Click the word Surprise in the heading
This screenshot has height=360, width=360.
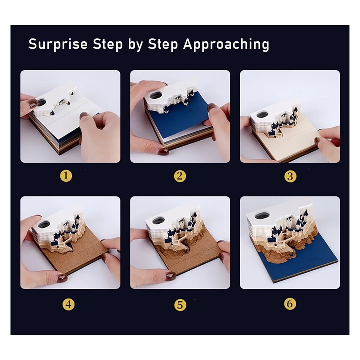click(x=58, y=44)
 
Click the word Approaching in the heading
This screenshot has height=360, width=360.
click(x=226, y=45)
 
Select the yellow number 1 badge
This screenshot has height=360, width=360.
click(x=66, y=176)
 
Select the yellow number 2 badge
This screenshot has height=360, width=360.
click(x=180, y=176)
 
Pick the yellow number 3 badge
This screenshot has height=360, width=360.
click(x=290, y=176)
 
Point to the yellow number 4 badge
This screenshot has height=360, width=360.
click(x=68, y=304)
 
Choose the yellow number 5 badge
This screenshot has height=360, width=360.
click(x=180, y=304)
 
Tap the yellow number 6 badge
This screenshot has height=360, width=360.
click(x=290, y=304)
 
